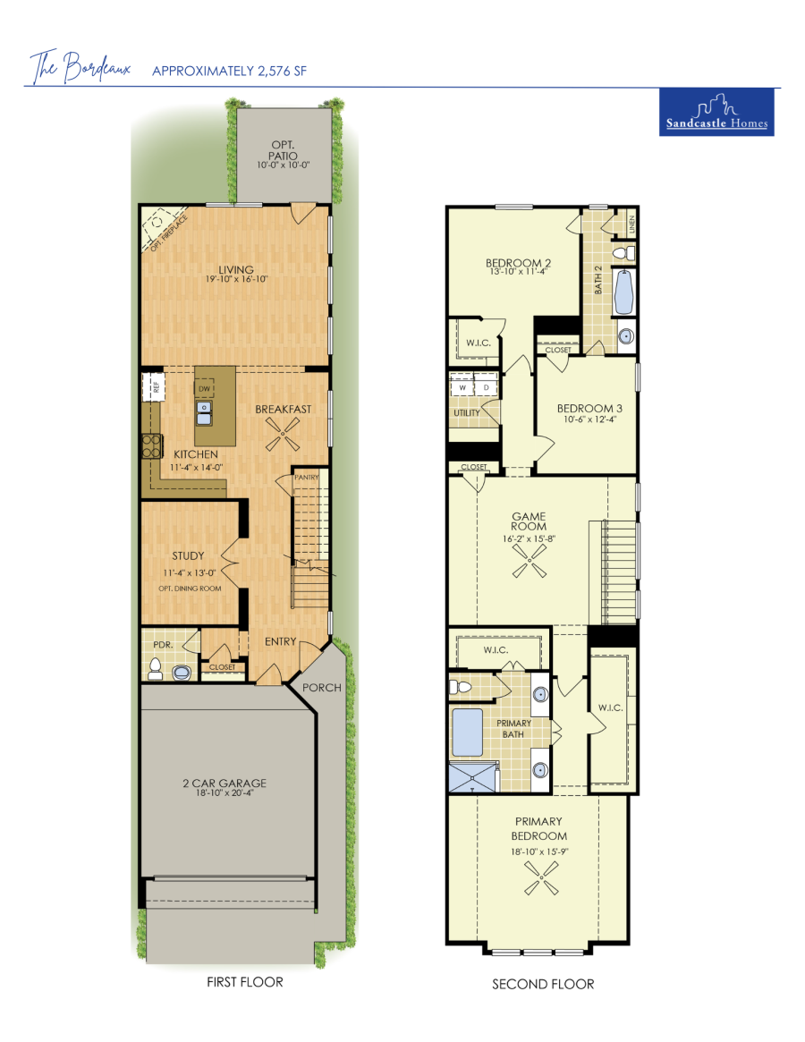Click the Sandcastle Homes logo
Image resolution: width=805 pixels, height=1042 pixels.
point(716,112)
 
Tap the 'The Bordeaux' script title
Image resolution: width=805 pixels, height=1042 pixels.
point(80,67)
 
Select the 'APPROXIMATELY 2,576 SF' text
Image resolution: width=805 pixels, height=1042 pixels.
point(229,71)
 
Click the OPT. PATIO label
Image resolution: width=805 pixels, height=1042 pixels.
point(284,150)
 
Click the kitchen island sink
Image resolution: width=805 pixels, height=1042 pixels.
point(204,412)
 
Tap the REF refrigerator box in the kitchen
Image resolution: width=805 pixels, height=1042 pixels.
point(152,386)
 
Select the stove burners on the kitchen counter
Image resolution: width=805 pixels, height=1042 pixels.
point(152,446)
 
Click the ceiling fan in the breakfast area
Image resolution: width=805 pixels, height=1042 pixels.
point(283,436)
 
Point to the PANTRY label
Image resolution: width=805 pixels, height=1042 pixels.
point(307,477)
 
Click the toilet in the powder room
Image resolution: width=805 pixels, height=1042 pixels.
point(156,669)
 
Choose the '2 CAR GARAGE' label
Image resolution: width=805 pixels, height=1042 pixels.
point(225,783)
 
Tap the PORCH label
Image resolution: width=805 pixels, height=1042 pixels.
point(322,688)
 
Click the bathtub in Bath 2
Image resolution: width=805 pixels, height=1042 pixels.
point(624,292)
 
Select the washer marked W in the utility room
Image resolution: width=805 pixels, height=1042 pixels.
point(462,386)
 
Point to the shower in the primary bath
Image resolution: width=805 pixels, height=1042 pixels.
point(472,777)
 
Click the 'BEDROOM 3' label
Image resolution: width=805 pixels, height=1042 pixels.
point(589,409)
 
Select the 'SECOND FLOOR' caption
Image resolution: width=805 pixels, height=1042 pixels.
point(543,984)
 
